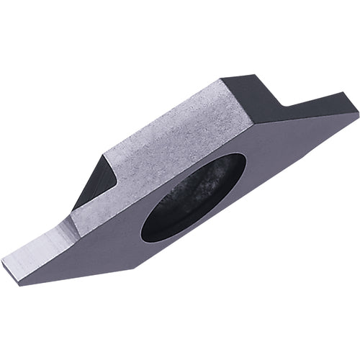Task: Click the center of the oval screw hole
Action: tap(193, 197)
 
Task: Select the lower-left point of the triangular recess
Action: tap(73, 209)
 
